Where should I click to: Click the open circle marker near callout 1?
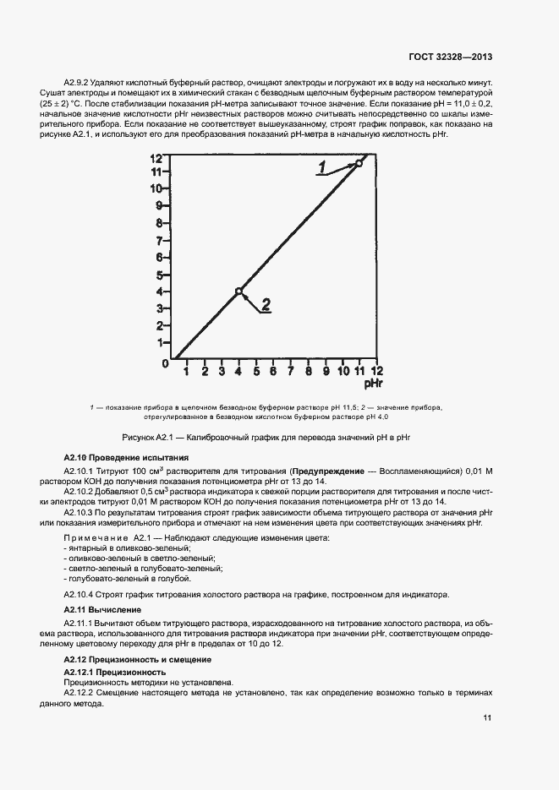click(359, 163)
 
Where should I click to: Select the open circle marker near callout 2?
click(238, 291)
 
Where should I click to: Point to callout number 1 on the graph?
click(323, 168)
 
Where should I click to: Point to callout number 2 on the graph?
click(266, 305)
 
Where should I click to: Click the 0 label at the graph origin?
click(165, 364)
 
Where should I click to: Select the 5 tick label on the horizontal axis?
click(255, 370)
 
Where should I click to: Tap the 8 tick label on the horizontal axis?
click(308, 370)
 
